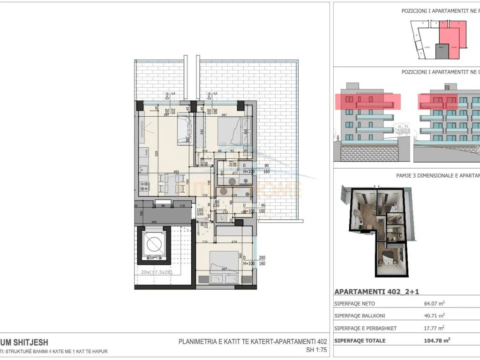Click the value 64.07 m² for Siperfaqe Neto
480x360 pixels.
434,304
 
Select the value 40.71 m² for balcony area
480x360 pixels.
434,316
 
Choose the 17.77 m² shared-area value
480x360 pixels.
434,328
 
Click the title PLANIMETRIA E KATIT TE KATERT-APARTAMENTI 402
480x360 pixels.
253,342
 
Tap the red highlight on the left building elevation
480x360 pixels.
368,101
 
